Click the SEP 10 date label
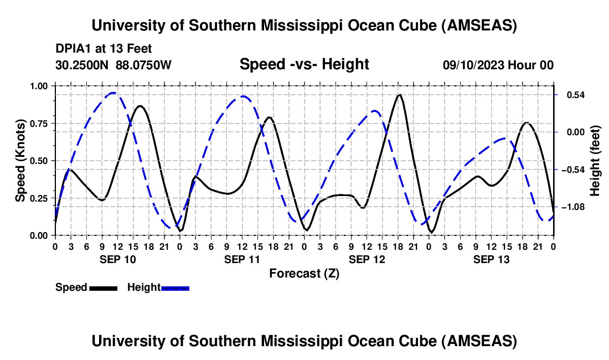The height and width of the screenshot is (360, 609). tap(118, 259)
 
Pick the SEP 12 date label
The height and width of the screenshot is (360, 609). tap(367, 259)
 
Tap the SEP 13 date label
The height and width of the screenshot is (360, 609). tap(491, 259)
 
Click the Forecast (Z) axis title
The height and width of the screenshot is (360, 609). tap(304, 274)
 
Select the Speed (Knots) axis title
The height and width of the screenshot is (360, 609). tap(20, 161)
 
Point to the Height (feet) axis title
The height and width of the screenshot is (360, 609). tap(595, 161)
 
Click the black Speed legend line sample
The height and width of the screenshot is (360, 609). tap(104, 288)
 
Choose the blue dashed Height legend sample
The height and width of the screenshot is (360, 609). tap(175, 288)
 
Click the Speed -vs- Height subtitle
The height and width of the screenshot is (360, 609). tap(304, 64)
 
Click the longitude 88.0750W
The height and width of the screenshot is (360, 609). tap(143, 65)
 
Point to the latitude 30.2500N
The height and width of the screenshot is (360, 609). tap(82, 65)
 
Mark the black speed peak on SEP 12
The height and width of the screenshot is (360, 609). tap(399, 94)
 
